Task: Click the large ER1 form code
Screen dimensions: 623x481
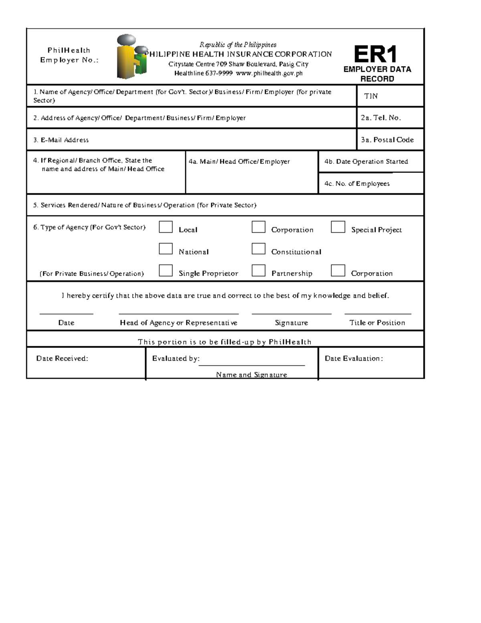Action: click(375, 55)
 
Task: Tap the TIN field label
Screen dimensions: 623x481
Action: click(370, 96)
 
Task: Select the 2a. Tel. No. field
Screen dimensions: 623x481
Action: click(381, 118)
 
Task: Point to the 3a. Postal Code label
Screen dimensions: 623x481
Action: click(387, 140)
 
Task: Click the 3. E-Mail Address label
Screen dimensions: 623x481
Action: click(61, 140)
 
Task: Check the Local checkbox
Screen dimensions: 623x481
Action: click(166, 227)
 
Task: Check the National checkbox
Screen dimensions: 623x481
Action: click(166, 249)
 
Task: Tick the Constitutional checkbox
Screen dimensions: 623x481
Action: click(259, 249)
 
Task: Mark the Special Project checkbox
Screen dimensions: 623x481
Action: click(338, 227)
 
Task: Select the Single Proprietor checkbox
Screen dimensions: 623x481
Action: click(166, 271)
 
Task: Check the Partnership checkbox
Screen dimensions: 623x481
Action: click(259, 271)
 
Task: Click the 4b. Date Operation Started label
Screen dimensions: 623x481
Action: click(366, 162)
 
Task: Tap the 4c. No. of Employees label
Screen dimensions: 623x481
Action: click(357, 184)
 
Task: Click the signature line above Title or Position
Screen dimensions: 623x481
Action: click(378, 314)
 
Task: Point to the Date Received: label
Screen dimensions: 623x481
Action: click(62, 359)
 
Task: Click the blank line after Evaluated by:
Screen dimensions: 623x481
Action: click(252, 365)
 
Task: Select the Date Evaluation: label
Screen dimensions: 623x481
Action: click(354, 359)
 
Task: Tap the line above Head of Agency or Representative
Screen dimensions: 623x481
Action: click(178, 314)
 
